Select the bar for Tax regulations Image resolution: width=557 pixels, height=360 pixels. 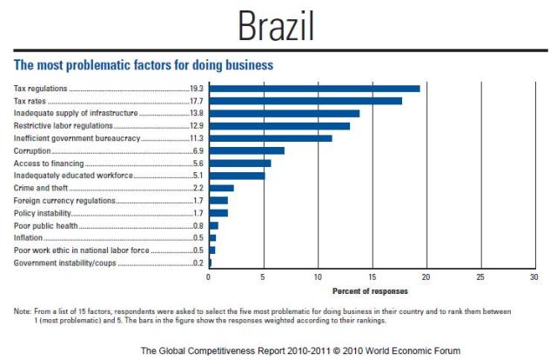tap(314, 89)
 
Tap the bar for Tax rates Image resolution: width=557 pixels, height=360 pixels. tap(305, 101)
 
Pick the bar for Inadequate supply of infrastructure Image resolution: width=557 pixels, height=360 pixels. tap(284, 113)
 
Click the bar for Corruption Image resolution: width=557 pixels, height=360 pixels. tap(246, 150)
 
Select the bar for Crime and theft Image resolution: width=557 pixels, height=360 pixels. tap(221, 188)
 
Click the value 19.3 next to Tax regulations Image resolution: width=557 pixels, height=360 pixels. tap(196, 89)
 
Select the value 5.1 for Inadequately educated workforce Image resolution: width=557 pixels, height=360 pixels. tap(198, 176)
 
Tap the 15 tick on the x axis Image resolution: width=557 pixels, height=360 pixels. tap(372, 277)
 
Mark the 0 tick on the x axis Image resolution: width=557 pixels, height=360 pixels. tap(209, 277)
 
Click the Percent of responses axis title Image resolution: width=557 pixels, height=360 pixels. tap(371, 291)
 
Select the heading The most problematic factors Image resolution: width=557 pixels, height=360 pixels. tap(144, 65)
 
